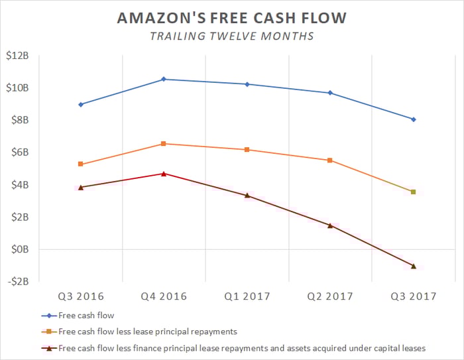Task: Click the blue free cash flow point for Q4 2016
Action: coord(164,79)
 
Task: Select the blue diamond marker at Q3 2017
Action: coord(414,119)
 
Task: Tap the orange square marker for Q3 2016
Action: coord(81,164)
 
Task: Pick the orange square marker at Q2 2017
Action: coord(330,160)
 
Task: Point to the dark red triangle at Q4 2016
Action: coord(164,174)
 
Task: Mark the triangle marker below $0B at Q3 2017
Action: coord(414,266)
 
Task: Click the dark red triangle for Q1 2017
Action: coord(247,195)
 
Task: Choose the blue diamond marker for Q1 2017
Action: coord(247,84)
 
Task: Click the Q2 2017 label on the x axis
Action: coord(330,296)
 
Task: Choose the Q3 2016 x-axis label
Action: coord(81,296)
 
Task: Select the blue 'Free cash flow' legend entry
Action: coord(84,316)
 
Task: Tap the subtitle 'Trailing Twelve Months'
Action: coord(231,37)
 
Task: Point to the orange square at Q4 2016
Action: coord(164,144)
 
